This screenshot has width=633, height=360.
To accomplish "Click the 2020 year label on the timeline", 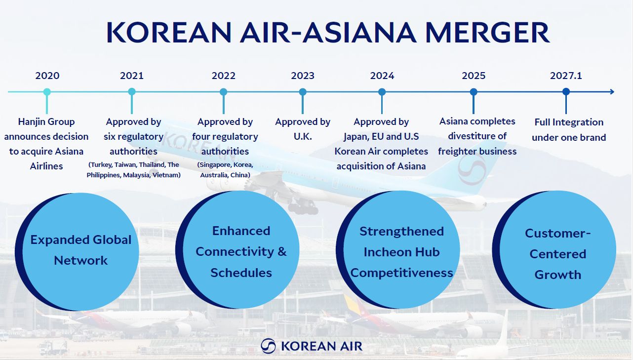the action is (47, 76).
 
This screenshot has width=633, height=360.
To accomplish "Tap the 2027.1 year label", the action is (566, 76).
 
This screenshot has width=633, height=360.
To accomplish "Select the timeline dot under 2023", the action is (303, 92).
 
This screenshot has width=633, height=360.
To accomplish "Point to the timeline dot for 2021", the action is (132, 91).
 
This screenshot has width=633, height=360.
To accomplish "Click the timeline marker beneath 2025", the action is (474, 92).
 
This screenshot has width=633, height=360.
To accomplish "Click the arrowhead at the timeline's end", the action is (612, 91).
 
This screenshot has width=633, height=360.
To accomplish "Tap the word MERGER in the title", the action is (487, 32).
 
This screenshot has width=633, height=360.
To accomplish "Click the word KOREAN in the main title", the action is (169, 32).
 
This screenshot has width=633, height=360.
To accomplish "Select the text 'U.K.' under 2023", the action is (303, 136).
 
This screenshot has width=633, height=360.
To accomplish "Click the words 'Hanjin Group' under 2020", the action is (46, 122).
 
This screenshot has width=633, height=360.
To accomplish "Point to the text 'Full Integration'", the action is (569, 122).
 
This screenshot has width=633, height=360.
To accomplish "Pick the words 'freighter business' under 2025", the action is (477, 152).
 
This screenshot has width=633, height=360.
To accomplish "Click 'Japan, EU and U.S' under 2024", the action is (381, 137).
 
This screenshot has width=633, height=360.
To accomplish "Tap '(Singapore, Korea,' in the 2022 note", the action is (225, 165).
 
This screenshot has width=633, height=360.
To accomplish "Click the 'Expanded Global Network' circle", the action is (77, 251).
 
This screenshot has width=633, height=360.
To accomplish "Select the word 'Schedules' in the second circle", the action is (241, 273).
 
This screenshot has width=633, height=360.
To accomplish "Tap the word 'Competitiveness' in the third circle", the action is (401, 273).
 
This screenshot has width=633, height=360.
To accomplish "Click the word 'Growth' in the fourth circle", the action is (558, 275).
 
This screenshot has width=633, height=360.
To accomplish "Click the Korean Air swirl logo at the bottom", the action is (268, 346).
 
